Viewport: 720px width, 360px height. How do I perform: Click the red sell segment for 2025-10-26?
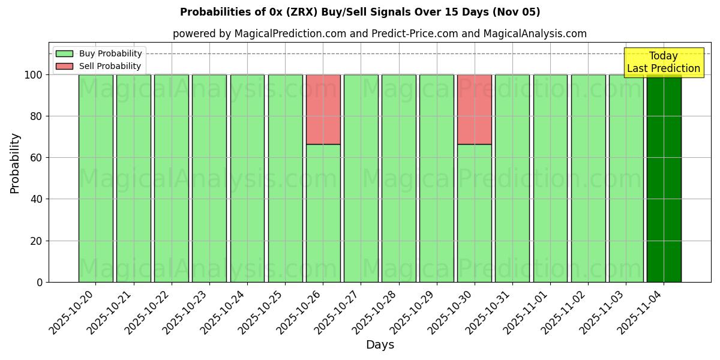point(323,109)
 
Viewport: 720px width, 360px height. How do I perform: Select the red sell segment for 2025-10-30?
point(474,109)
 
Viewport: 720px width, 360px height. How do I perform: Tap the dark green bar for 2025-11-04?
point(664,180)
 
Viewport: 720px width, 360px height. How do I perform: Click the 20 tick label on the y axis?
point(36,241)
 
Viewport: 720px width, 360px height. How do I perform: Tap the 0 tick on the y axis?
point(40,282)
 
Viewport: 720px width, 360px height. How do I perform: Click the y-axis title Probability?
point(15,163)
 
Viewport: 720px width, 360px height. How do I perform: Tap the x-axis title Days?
point(380,345)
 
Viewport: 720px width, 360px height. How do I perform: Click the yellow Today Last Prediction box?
point(664,62)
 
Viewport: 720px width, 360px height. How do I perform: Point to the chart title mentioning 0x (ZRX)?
point(360,12)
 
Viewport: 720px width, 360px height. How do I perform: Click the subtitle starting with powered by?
point(380,34)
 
